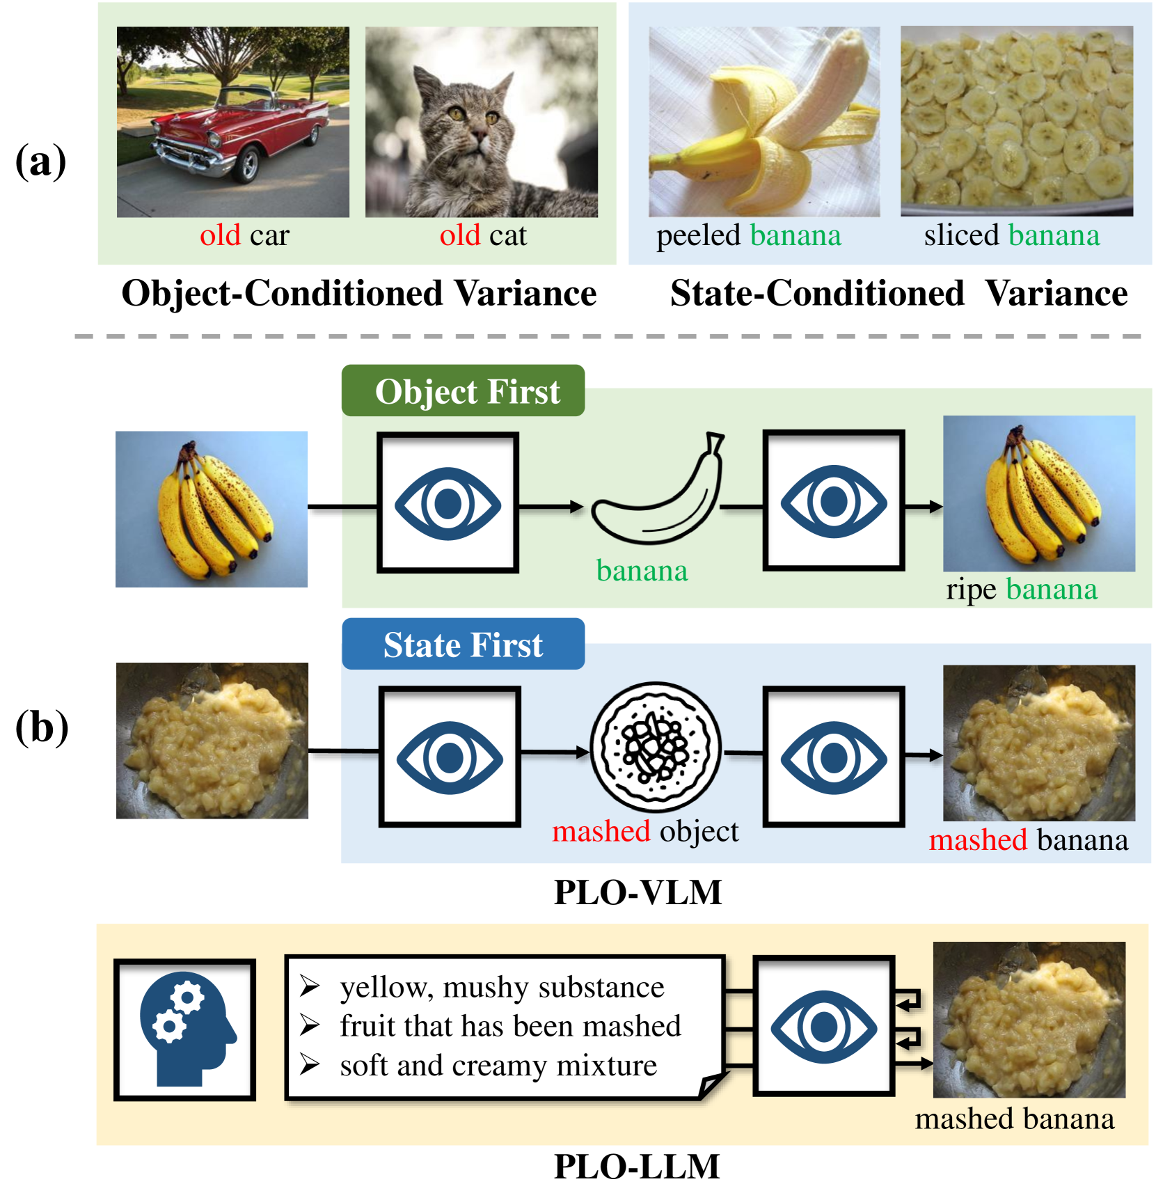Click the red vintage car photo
pos(232,122)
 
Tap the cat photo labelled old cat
pos(481,122)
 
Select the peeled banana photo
pos(763,122)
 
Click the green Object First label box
pos(463,391)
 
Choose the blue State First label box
pos(463,645)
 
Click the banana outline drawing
pos(658,491)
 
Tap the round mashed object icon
pos(655,747)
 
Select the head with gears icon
pos(185,1029)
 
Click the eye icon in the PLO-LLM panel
pos(823,1026)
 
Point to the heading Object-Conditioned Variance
pos(358,293)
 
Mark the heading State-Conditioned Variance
pos(898,293)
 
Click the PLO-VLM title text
pos(638,892)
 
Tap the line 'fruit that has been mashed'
pos(510,1026)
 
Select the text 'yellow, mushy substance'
pos(502,987)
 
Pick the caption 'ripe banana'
pos(1021,590)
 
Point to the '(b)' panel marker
pos(42,727)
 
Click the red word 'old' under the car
pos(220,235)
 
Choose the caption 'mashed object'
pos(644,831)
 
